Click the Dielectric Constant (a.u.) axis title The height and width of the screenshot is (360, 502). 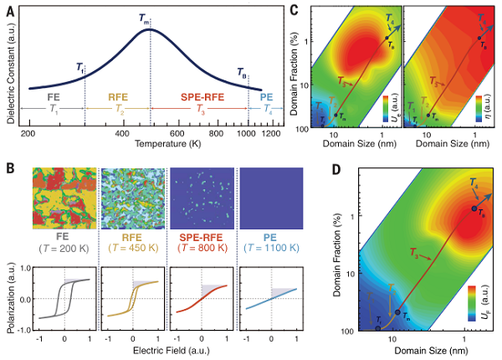click(9, 66)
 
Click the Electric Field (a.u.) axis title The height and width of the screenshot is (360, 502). click(166, 352)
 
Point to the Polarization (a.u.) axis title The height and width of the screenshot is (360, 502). click(9, 301)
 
